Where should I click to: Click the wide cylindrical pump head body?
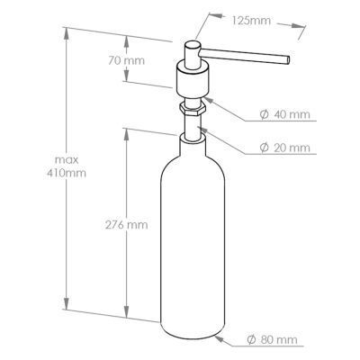pyautogui.click(x=193, y=82)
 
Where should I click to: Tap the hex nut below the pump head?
pyautogui.click(x=193, y=112)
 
